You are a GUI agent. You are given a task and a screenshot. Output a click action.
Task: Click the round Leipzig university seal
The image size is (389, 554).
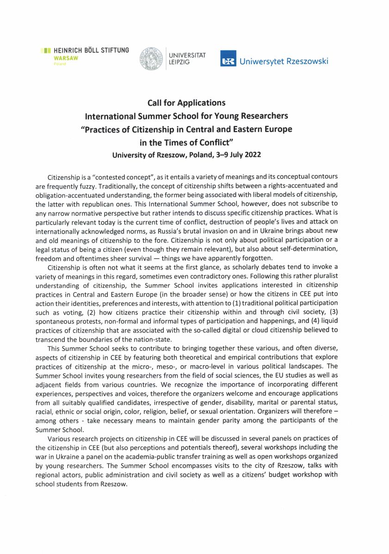pos(151,58)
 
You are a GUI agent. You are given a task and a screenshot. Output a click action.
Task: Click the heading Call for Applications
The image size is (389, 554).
pos(186,102)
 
